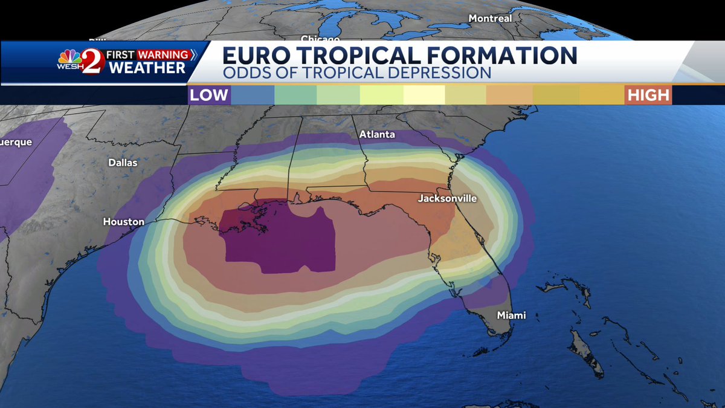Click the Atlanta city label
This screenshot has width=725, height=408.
376,134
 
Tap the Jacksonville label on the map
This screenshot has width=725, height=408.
448,198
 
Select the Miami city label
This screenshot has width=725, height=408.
511,315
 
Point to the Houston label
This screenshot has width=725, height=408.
124,222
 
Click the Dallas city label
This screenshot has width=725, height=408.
123,163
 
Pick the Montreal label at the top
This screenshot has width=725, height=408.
490,19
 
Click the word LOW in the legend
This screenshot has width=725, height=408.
209,95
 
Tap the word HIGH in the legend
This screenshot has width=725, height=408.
648,95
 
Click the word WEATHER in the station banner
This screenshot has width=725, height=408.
147,68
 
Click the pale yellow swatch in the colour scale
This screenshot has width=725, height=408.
424,95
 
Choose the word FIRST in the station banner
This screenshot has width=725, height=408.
120,55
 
